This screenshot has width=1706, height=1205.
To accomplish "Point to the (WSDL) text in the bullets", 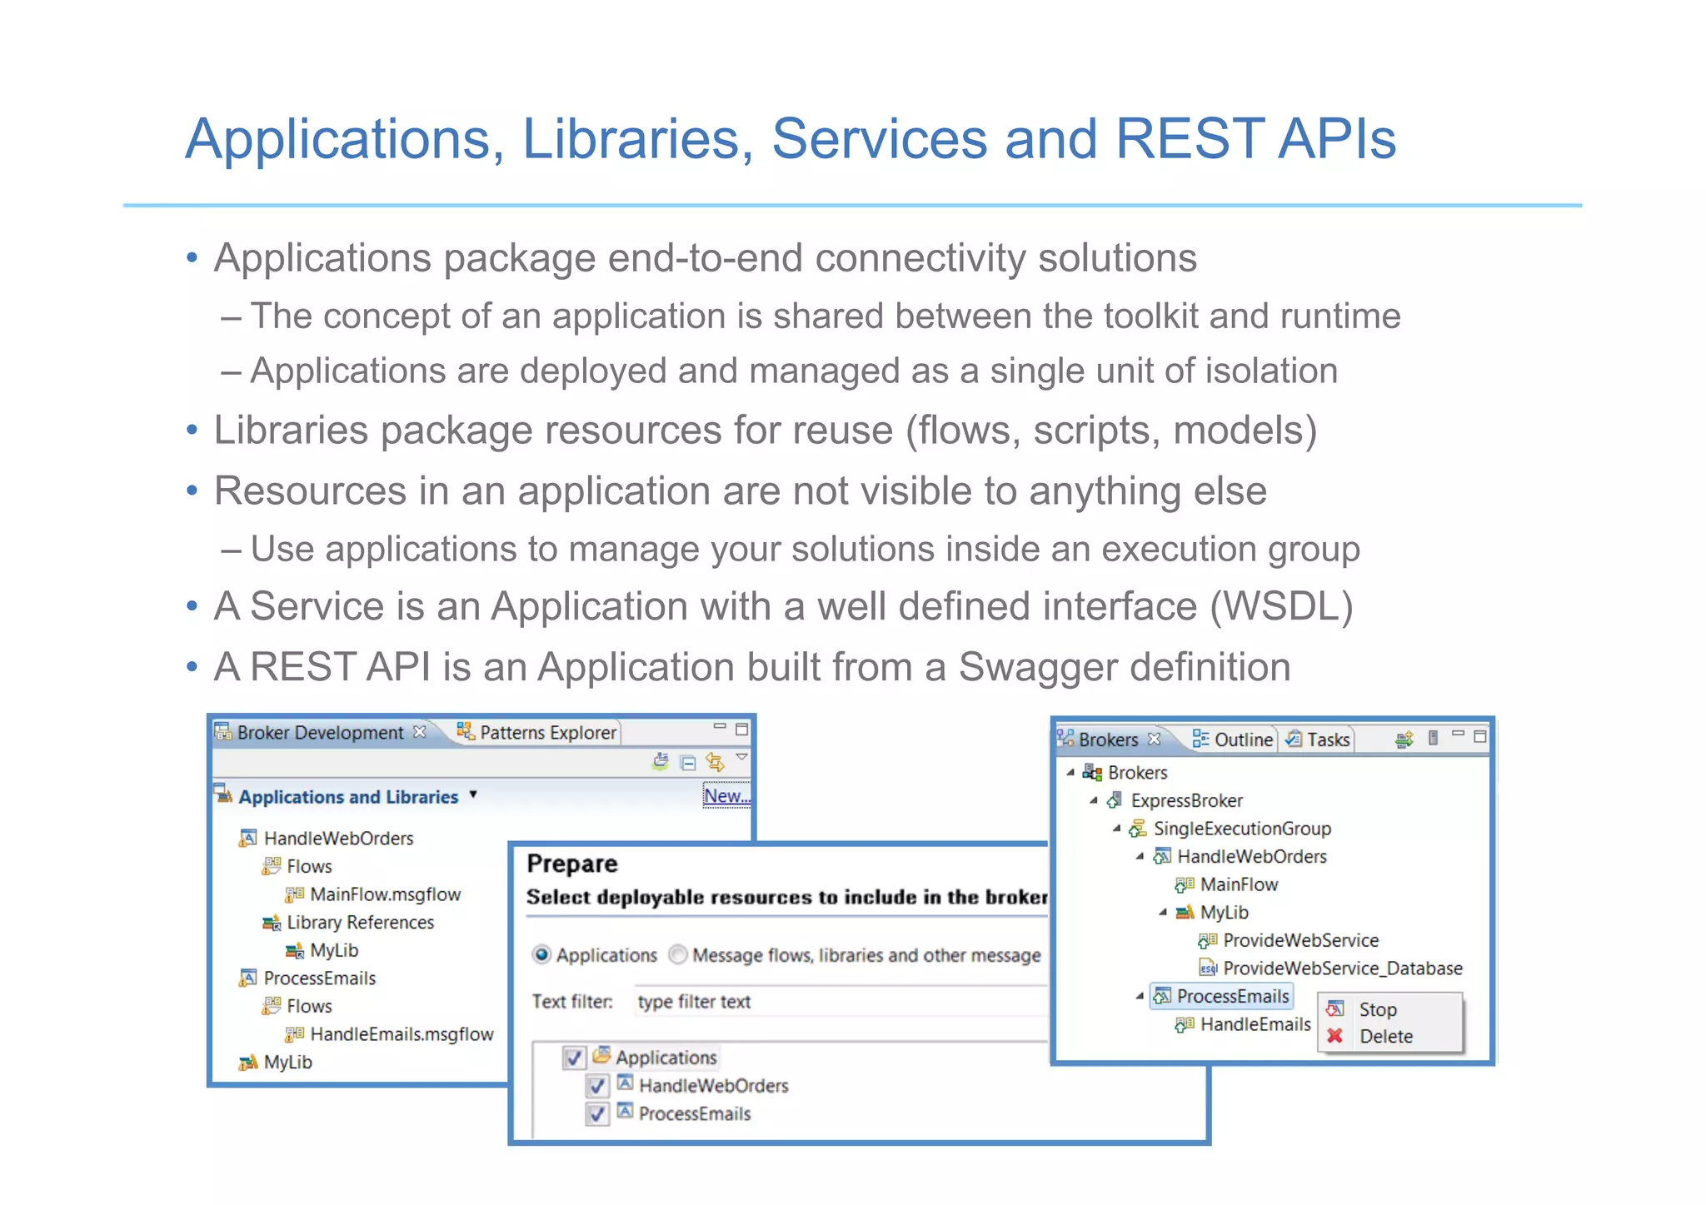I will tap(1281, 606).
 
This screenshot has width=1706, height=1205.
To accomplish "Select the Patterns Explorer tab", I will tap(547, 732).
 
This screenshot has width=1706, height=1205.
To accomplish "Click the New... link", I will tap(726, 796).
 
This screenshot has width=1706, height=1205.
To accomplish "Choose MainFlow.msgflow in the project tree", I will tap(385, 894).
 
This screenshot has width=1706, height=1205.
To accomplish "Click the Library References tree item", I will tap(360, 923).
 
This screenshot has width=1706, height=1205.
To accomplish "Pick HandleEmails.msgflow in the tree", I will tap(402, 1034).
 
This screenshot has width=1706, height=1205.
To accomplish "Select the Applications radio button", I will tap(542, 955).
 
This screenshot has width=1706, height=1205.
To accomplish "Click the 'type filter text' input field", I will tap(833, 1002).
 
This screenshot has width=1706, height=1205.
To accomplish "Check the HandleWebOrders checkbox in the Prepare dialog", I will tap(597, 1086).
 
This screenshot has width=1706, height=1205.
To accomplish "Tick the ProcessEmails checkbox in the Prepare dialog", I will tap(597, 1114).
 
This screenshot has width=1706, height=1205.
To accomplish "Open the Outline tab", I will tap(1243, 739).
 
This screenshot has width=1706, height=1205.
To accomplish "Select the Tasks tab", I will tap(1327, 739).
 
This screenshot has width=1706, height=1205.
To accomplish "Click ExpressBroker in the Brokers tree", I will tap(1186, 801).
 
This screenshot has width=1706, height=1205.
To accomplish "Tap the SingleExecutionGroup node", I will tap(1242, 829).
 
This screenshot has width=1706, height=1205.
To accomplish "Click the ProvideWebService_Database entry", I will tap(1342, 968).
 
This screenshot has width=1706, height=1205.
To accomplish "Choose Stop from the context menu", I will tap(1378, 1010).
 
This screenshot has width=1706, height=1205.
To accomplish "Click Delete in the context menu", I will tap(1386, 1037).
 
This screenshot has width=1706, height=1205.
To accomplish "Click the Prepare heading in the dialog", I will tap(572, 864).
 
